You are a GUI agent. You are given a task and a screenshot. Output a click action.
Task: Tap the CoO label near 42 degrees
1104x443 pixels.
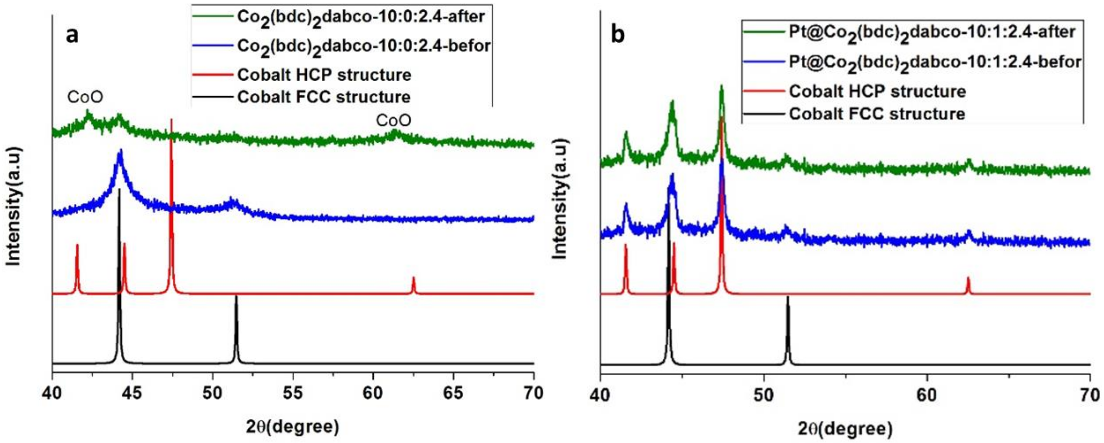[85, 97]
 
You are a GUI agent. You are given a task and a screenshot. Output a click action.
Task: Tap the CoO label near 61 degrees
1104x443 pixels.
[393, 121]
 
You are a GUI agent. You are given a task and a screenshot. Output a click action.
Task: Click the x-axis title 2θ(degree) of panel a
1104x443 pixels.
[293, 427]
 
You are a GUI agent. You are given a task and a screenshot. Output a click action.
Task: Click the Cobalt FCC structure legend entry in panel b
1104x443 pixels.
[877, 114]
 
